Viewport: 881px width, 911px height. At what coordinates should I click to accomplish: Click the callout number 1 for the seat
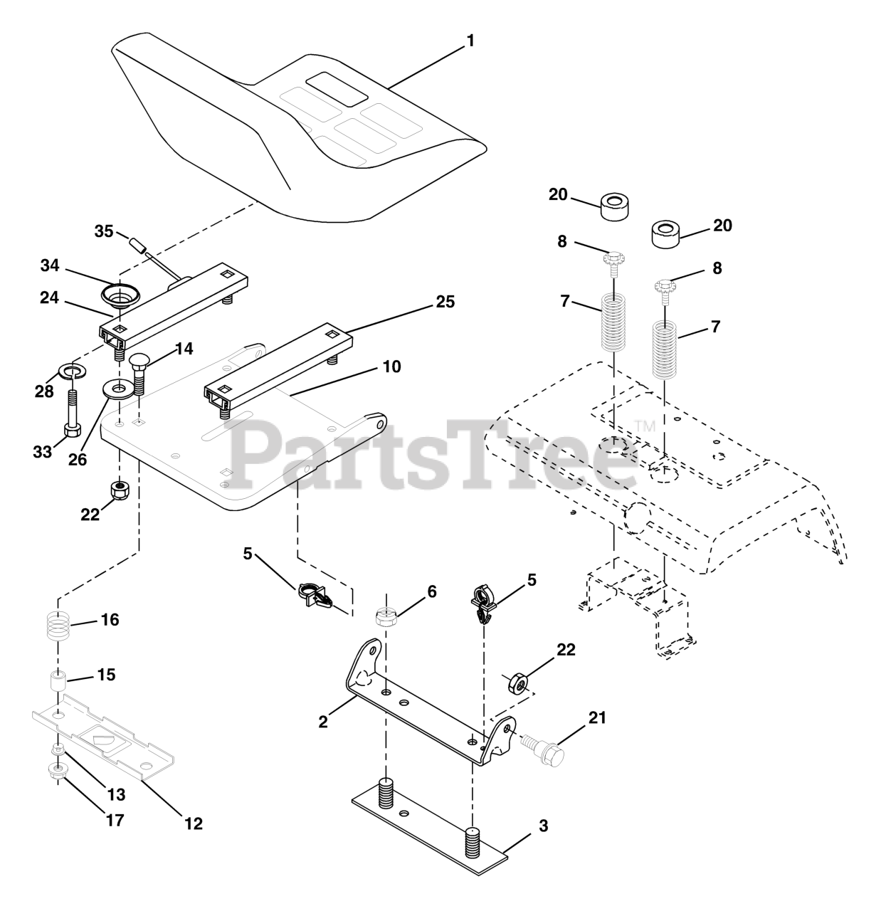(x=469, y=41)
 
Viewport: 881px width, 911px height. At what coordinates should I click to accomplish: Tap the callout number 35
(x=104, y=231)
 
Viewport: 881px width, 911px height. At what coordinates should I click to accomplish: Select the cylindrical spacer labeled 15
(x=58, y=680)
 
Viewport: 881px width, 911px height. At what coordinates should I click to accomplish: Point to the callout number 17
(x=115, y=820)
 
